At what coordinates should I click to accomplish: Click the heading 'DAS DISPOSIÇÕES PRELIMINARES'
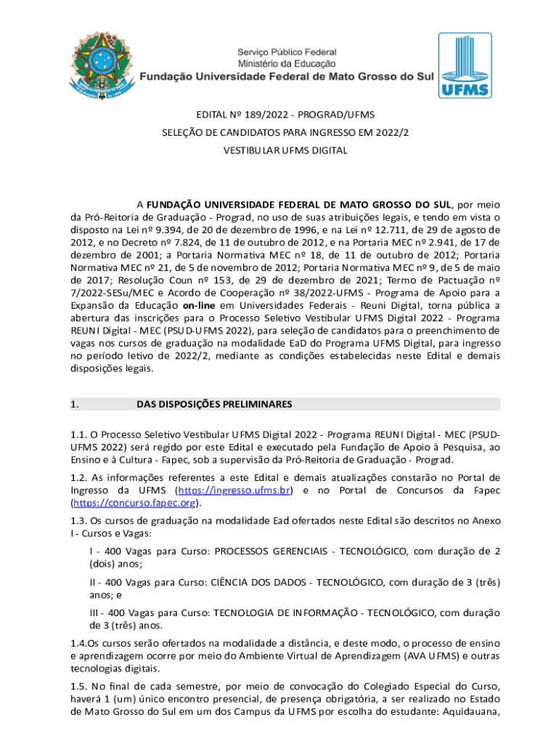pos(214,404)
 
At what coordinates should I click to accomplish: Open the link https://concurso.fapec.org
pos(135,503)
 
